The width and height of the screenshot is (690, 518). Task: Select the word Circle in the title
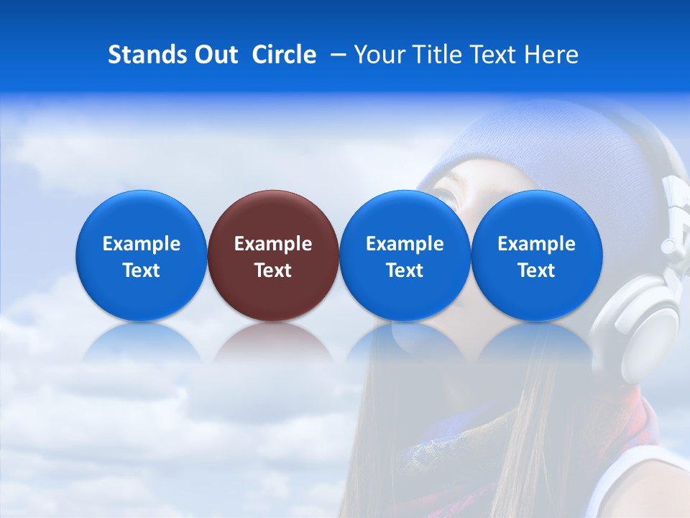[284, 55]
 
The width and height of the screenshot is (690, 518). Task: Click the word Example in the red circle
[273, 244]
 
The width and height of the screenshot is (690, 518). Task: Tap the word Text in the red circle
[273, 271]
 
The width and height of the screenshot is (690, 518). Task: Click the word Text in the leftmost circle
[141, 271]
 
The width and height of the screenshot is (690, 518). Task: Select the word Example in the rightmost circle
[537, 244]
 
